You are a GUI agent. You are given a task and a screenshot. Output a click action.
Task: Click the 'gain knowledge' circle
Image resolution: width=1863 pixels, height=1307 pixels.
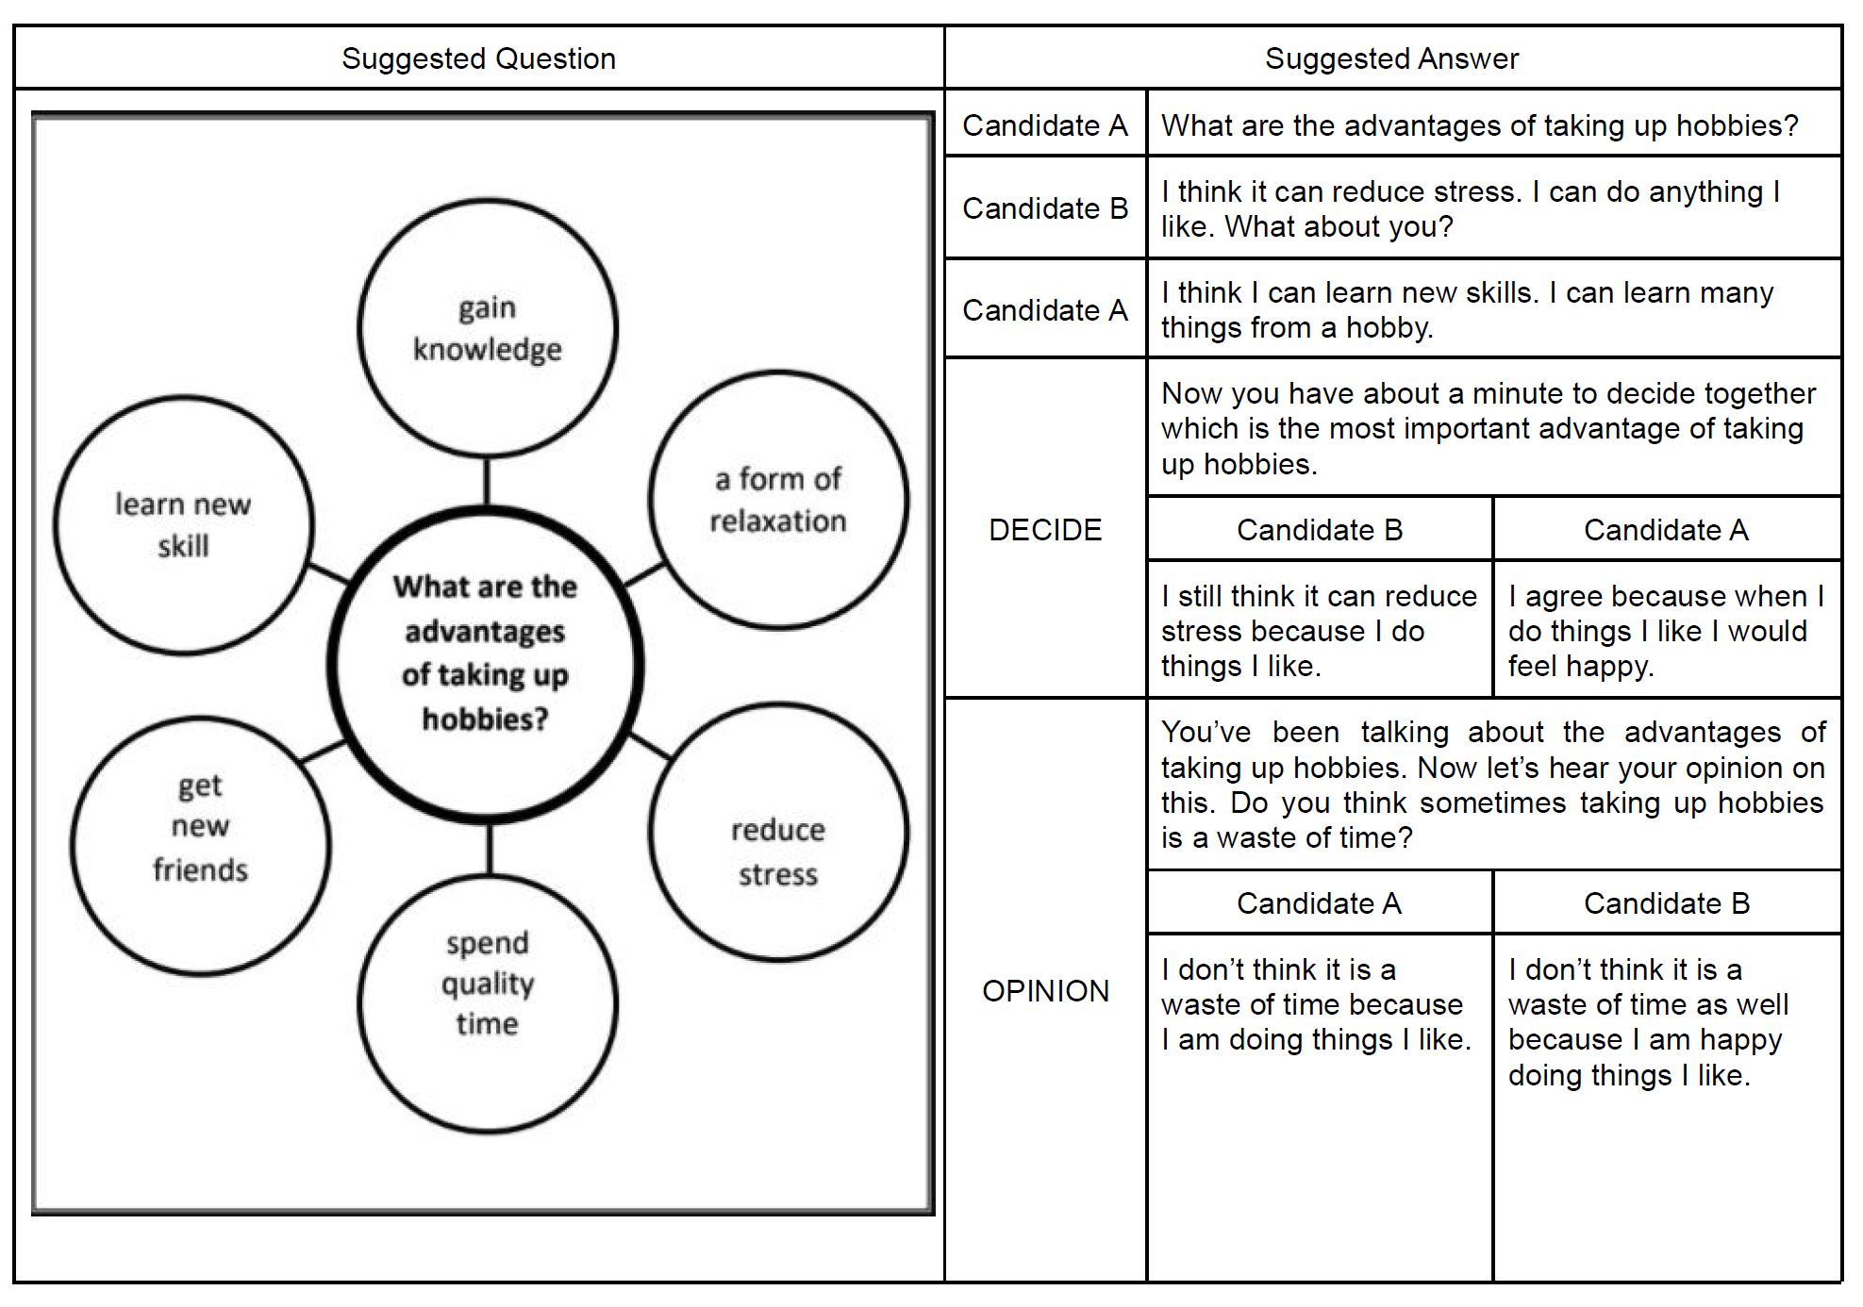click(x=487, y=328)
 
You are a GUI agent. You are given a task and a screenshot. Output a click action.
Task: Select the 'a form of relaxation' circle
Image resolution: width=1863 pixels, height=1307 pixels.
click(x=777, y=500)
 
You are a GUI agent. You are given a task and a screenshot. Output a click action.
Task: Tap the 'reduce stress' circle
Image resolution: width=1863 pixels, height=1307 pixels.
click(x=777, y=832)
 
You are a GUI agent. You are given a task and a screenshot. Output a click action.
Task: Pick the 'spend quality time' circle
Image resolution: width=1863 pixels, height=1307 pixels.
click(x=487, y=1003)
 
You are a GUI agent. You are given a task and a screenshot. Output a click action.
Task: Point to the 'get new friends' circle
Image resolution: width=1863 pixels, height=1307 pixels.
click(x=200, y=846)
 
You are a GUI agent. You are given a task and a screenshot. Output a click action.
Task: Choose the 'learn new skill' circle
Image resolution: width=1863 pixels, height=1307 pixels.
click(x=183, y=525)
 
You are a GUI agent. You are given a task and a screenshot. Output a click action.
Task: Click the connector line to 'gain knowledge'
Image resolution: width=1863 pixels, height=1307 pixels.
click(x=487, y=481)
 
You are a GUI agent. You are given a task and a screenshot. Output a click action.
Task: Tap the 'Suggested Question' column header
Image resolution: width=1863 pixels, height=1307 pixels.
click(x=478, y=58)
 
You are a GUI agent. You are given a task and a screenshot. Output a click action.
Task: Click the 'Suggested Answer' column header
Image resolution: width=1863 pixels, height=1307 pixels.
click(x=1391, y=58)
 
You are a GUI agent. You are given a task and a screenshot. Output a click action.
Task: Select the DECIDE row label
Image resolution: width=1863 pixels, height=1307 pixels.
click(x=1045, y=530)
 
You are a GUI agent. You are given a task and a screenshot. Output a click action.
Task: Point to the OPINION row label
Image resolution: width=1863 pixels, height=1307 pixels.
click(x=1045, y=991)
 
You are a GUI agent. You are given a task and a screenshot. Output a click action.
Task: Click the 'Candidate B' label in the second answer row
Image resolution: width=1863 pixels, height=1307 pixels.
click(x=1045, y=208)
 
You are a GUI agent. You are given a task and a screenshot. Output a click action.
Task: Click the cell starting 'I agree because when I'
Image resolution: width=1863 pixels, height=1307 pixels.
click(x=1666, y=631)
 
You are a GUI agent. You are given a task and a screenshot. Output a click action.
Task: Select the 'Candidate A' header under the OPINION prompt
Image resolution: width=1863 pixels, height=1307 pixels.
click(x=1319, y=903)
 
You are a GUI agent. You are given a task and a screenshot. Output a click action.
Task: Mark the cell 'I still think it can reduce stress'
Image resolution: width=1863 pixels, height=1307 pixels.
click(x=1319, y=631)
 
